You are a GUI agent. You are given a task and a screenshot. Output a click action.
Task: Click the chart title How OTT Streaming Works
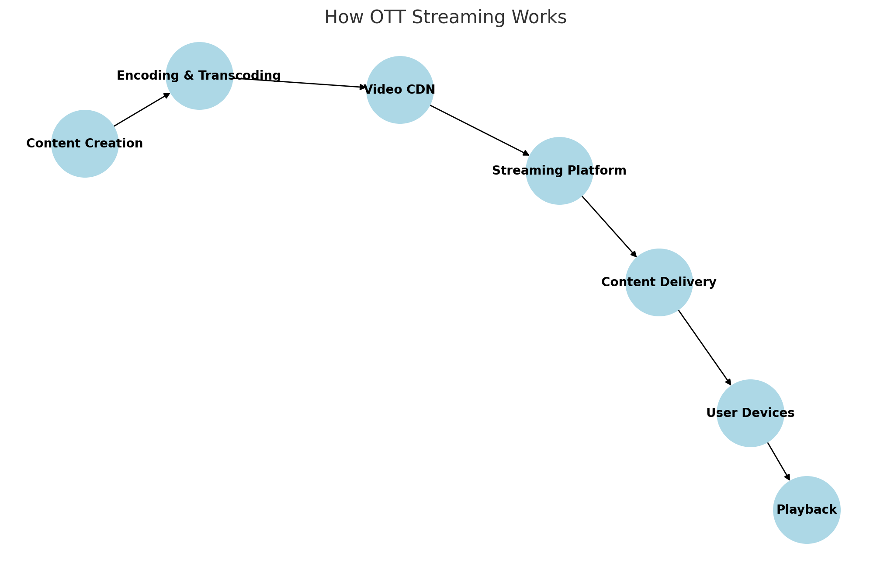445,18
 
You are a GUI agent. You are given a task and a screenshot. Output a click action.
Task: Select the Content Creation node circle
85,144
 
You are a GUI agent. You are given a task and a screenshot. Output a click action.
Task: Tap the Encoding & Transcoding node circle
199,76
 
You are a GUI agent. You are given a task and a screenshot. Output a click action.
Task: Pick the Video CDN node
400,90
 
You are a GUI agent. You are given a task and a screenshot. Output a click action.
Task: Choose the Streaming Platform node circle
559,171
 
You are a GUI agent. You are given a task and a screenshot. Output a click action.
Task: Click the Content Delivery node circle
659,282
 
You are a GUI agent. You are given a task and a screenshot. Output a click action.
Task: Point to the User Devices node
750,413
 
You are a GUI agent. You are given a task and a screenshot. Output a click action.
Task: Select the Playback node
807,510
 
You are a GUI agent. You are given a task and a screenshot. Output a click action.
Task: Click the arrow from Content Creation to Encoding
142,109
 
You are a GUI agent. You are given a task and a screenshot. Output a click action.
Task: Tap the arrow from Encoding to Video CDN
300,83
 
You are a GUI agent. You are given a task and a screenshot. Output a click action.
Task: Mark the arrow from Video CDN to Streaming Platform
480,130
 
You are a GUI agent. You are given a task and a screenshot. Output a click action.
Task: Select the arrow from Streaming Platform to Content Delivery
609,227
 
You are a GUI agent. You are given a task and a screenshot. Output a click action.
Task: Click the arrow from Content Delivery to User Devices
704,348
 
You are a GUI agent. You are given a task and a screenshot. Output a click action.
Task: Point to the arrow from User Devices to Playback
779,462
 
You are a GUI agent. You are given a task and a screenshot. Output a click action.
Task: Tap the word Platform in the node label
601,171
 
